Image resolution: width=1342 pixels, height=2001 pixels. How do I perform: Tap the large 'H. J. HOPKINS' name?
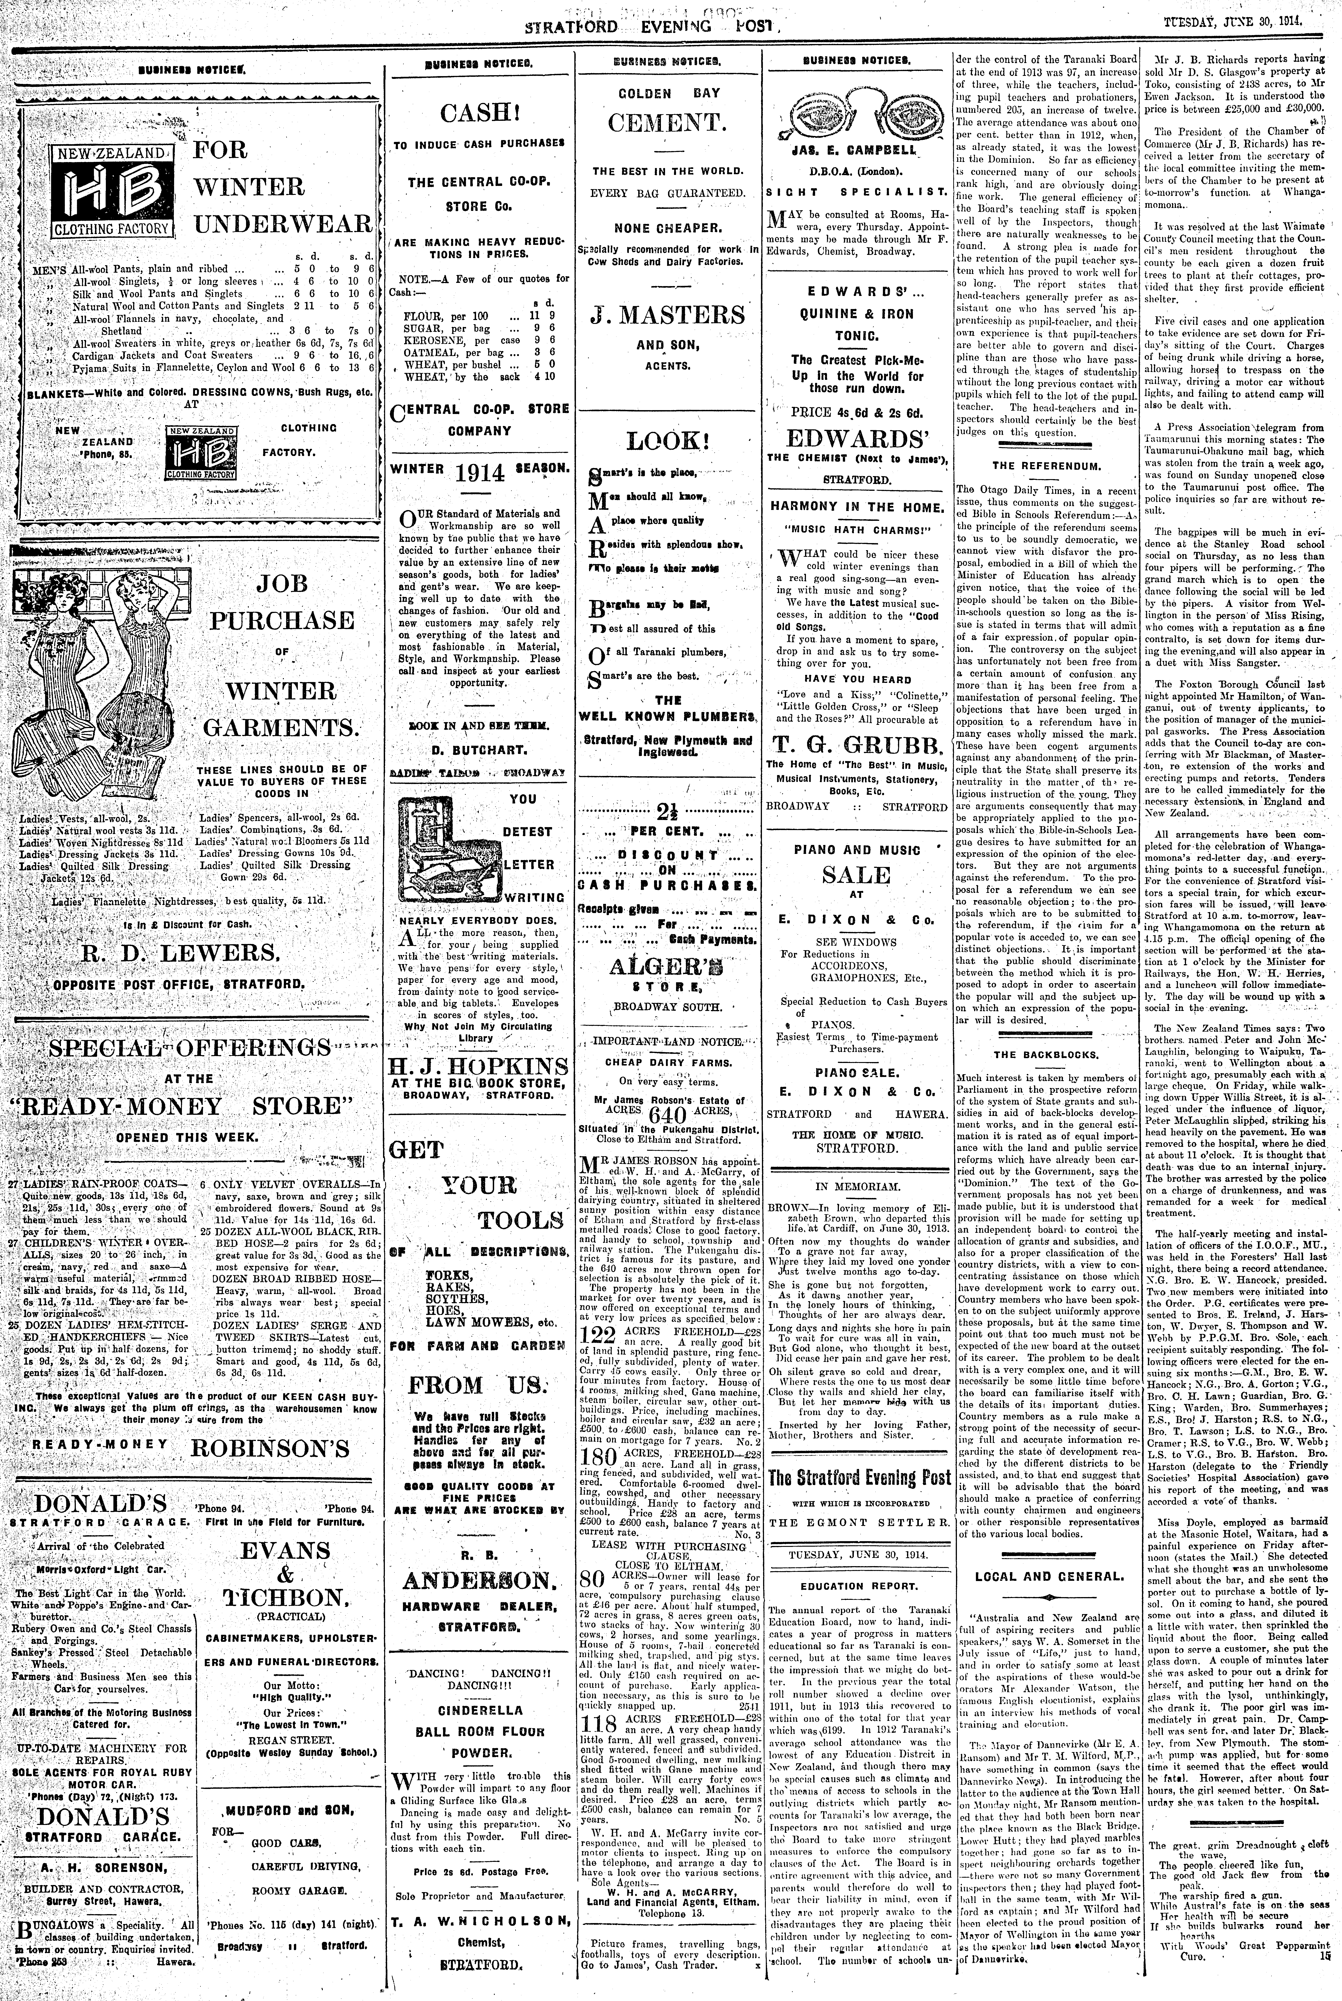pyautogui.click(x=478, y=1066)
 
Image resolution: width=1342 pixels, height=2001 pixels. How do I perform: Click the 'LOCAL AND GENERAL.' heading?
pyautogui.click(x=1049, y=1576)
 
